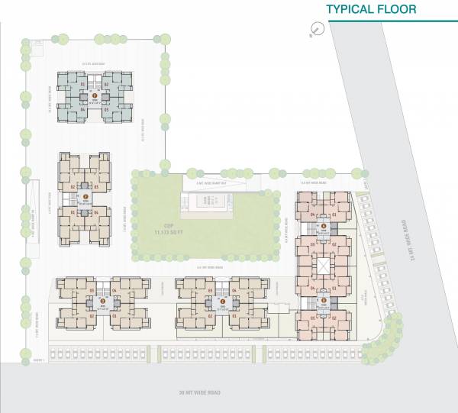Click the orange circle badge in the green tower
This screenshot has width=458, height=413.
point(94,95)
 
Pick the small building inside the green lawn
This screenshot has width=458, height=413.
point(205,204)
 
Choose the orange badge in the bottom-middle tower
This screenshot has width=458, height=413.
point(221,301)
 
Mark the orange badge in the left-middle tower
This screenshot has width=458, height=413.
point(86,201)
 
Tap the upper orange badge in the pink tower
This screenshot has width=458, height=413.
point(323,227)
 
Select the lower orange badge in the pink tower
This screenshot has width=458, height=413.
point(323,301)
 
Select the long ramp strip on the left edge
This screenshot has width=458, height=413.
point(33,221)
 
